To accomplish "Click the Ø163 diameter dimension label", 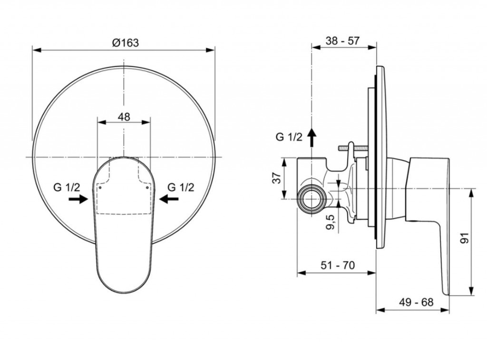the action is [x=126, y=42].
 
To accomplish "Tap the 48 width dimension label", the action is [x=124, y=117].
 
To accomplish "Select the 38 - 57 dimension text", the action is [x=342, y=40].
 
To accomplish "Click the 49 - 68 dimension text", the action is [x=416, y=302].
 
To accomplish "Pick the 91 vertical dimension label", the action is [x=465, y=238].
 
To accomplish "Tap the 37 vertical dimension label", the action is [x=277, y=178].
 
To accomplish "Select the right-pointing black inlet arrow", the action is [x=78, y=199].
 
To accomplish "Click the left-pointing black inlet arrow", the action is [x=169, y=199].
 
